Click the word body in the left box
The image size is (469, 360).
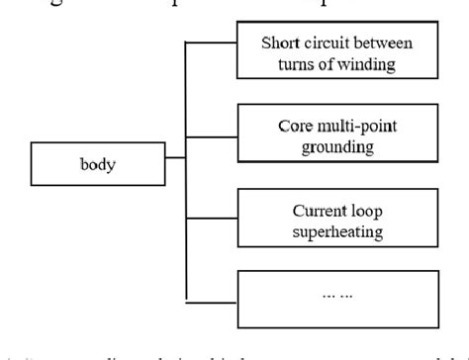(97, 164)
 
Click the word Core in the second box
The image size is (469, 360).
(296, 127)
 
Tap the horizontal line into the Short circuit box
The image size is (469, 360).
(212, 43)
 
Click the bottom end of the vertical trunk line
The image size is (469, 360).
(186, 300)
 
